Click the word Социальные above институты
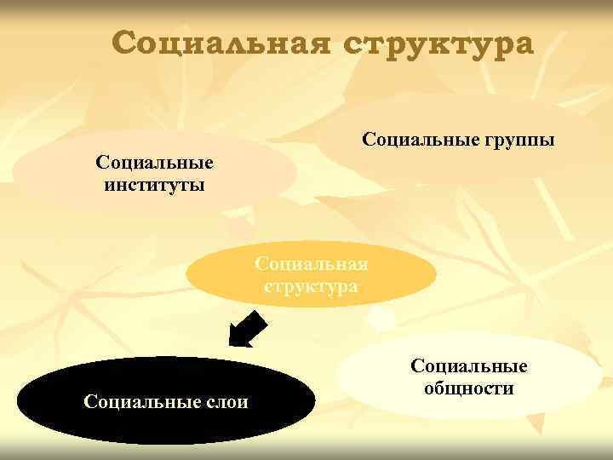point(154,162)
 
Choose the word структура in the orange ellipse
point(311,286)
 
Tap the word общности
point(469,389)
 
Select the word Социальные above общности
point(469,366)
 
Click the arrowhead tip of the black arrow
point(232,344)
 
